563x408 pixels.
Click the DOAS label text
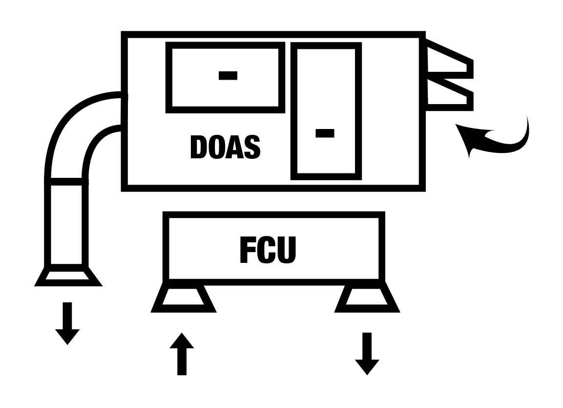(225, 147)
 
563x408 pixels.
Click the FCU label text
(268, 250)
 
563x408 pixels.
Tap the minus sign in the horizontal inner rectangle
(228, 75)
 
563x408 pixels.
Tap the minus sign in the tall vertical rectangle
(325, 133)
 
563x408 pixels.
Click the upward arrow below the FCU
(182, 354)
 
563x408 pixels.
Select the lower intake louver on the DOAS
(449, 93)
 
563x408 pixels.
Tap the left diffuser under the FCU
(183, 299)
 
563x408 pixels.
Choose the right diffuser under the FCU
(367, 299)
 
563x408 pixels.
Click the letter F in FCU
(248, 250)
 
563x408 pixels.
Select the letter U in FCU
(288, 250)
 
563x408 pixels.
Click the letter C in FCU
(268, 250)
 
